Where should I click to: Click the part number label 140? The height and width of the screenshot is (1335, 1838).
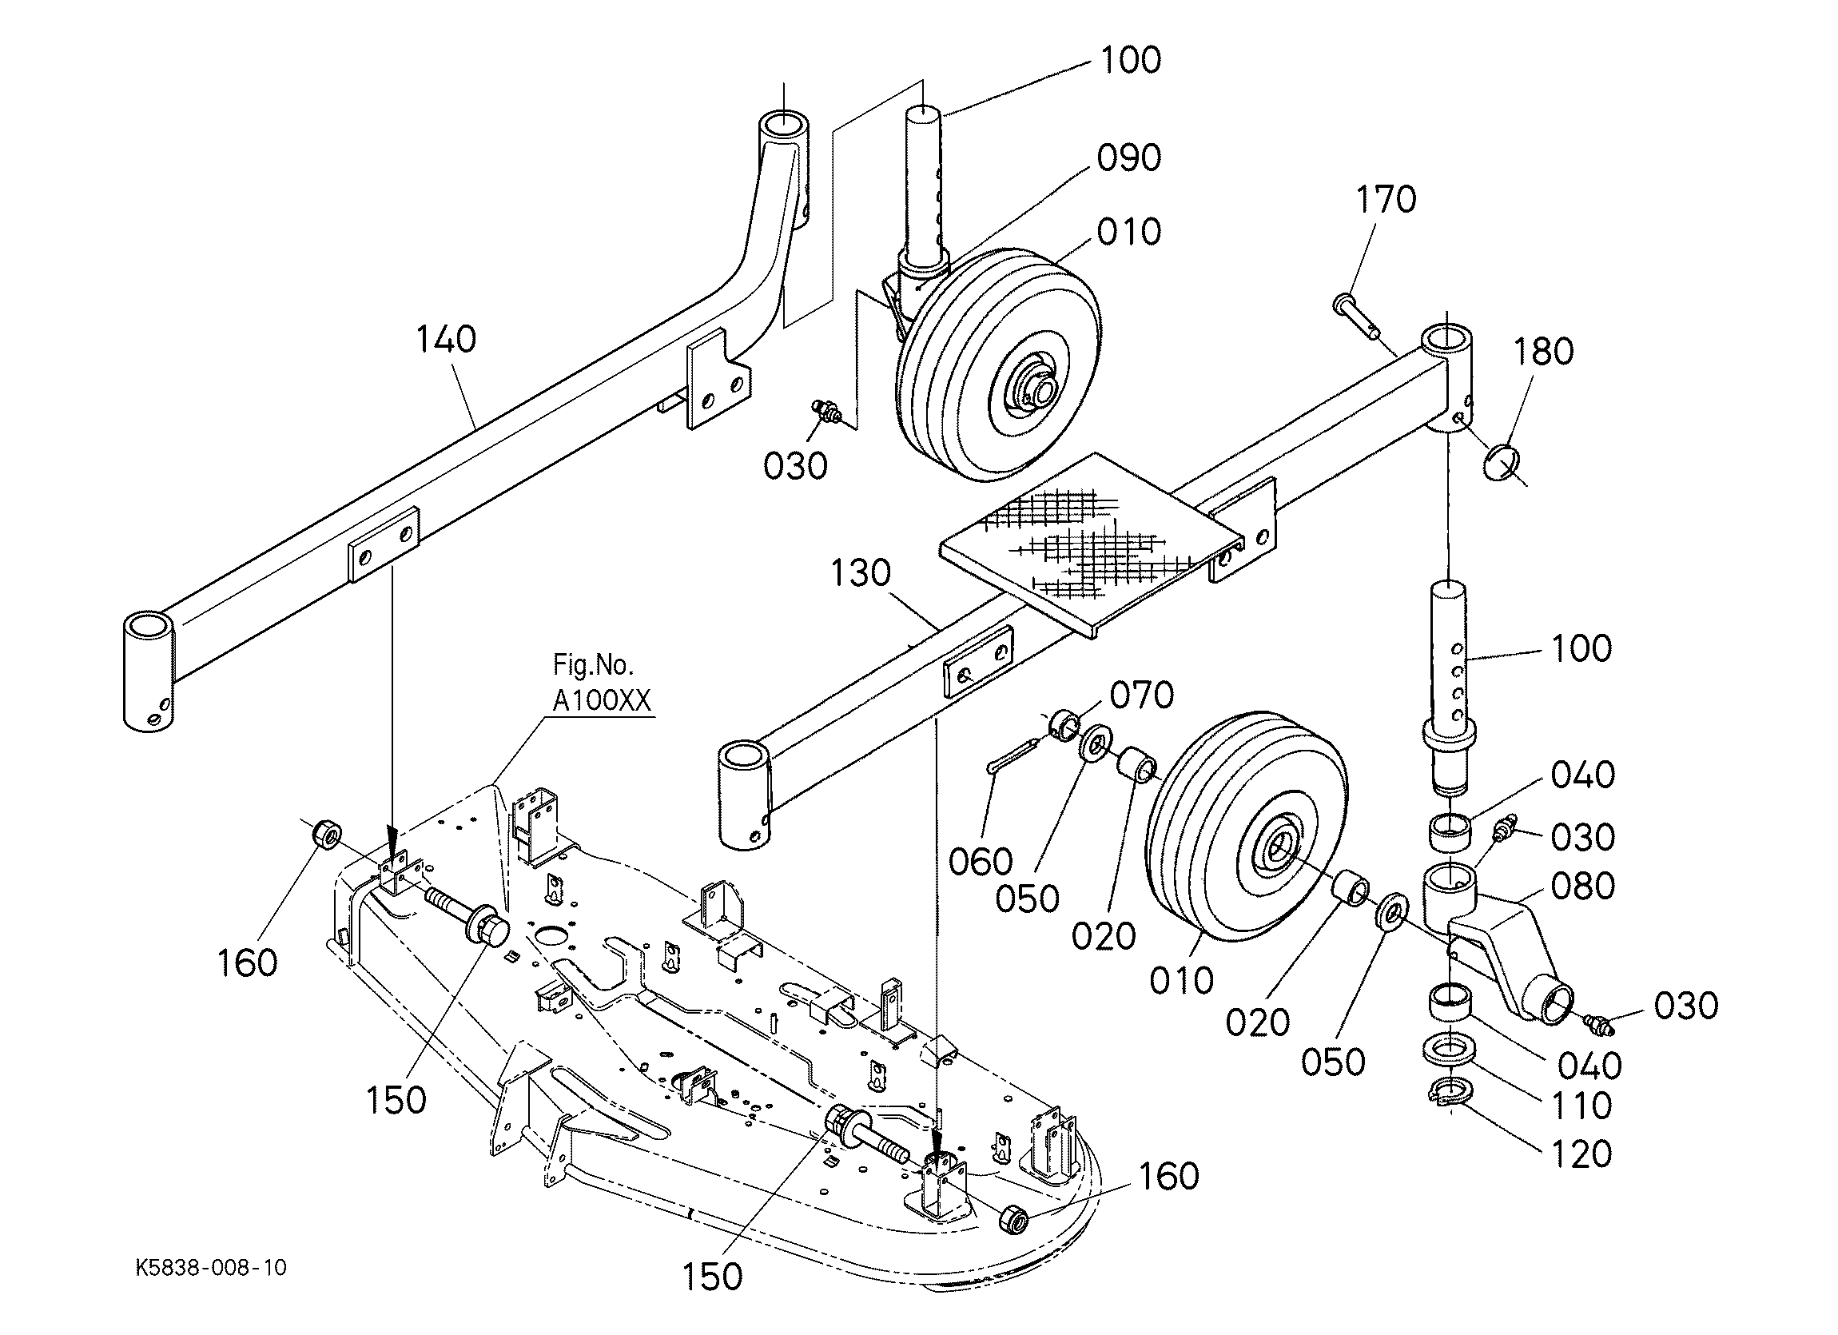pos(446,339)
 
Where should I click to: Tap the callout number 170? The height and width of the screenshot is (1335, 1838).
pos(1386,199)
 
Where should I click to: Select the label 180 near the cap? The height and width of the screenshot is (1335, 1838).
pos(1543,352)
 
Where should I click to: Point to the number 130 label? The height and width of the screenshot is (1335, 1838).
pos(861,573)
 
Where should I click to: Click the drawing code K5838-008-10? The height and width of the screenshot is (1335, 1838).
pos(211,1268)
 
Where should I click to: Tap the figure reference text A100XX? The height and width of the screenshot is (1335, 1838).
pos(602,700)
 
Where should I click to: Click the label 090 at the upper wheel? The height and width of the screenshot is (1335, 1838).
pos(1129,158)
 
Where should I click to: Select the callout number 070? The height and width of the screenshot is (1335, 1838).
pos(1142,695)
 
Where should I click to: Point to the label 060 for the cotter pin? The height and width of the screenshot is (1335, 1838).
pos(981,862)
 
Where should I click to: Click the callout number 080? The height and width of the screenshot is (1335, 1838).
pos(1583,886)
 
